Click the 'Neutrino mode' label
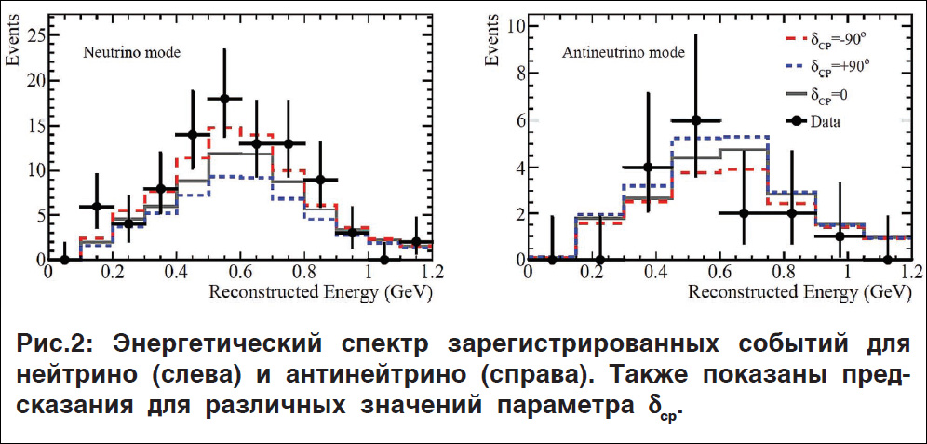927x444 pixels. coord(130,52)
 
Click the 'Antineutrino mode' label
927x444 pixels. coord(618,52)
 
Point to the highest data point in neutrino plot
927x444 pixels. coord(224,98)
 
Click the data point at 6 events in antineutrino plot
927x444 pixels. coord(695,120)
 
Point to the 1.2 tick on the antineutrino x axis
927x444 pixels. coord(908,275)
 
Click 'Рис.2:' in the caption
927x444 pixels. coord(54,343)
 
